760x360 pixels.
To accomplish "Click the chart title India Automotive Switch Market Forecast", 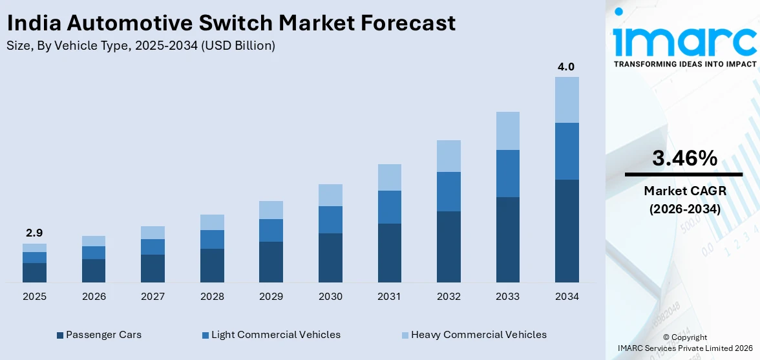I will [x=231, y=23].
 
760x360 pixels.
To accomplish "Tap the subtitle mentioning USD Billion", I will [x=141, y=46].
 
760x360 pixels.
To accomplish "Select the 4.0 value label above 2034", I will [x=566, y=67].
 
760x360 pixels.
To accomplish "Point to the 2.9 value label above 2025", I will [x=34, y=233].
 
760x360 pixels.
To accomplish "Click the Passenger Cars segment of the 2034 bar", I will [x=567, y=231].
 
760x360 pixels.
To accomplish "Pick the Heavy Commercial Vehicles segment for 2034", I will [x=567, y=100].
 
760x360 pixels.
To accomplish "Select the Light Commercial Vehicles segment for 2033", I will [x=507, y=173].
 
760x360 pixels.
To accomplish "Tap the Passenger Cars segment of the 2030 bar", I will [x=330, y=257].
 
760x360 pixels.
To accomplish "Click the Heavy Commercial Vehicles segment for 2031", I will [x=389, y=177].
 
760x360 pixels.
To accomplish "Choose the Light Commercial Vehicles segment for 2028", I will [x=212, y=239].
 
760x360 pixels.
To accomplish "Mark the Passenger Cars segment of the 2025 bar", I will [x=34, y=272].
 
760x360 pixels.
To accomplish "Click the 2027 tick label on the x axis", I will [x=153, y=297].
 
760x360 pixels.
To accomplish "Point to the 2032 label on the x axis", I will [x=449, y=297].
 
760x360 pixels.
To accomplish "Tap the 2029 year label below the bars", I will [x=271, y=297].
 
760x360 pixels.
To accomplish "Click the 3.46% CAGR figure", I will [x=684, y=158].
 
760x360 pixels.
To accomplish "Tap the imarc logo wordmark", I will [x=684, y=40].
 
